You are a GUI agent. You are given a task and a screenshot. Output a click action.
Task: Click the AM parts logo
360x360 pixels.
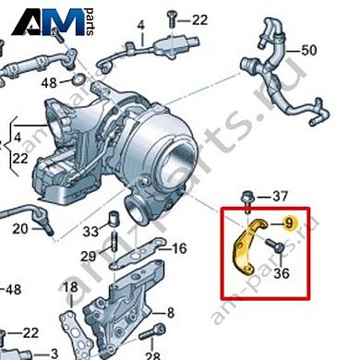[45, 19]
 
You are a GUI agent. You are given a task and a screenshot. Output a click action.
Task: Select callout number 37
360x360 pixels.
[281, 196]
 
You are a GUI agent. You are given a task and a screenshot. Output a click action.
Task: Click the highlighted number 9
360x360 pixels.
[288, 222]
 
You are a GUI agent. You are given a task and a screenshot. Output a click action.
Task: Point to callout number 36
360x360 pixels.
[282, 272]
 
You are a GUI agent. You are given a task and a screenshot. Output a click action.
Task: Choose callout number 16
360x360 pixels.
[179, 247]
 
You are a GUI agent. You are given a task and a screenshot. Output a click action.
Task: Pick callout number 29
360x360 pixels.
[89, 255]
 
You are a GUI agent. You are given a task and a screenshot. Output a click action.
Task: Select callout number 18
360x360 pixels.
[71, 289]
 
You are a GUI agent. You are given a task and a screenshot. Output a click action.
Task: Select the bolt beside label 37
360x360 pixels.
[247, 197]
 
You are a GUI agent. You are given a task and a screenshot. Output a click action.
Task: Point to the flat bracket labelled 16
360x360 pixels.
[143, 251]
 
